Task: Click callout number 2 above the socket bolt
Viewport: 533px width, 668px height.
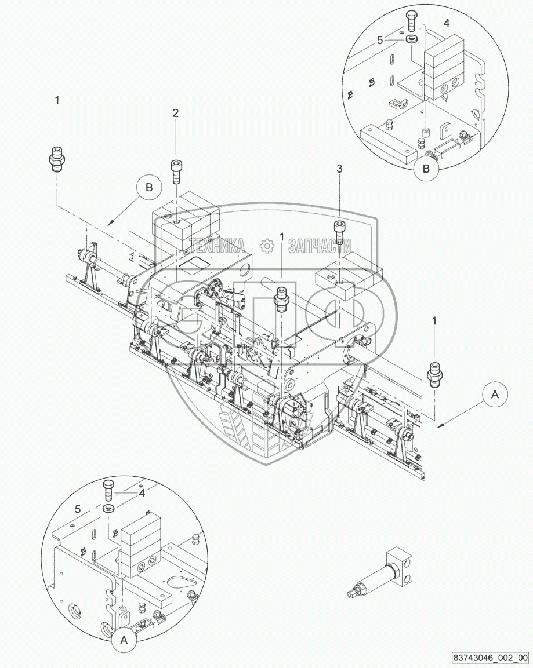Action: [175, 114]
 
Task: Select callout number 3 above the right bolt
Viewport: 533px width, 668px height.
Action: [340, 169]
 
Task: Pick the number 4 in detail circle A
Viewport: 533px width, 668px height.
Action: [142, 493]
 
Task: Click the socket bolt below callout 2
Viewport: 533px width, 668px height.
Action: [176, 171]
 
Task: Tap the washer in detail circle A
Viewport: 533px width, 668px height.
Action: [108, 509]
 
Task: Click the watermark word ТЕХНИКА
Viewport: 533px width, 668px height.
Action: [216, 246]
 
